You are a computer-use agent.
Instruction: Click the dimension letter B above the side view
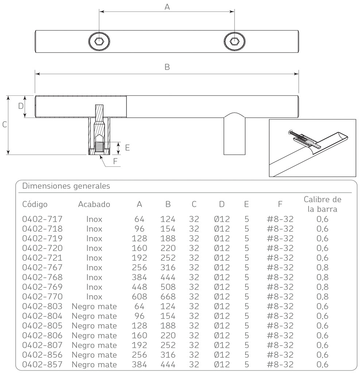167,67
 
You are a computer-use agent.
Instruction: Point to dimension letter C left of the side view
4,125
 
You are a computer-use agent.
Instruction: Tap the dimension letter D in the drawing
21,106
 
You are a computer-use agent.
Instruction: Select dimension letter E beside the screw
127,148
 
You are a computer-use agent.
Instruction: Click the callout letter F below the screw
115,161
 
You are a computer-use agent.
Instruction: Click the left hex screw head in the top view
99,41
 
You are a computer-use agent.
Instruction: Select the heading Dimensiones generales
66,186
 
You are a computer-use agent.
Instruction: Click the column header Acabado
94,204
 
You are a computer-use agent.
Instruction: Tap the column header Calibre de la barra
322,204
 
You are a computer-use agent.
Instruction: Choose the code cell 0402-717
42,219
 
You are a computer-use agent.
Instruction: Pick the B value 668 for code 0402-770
168,297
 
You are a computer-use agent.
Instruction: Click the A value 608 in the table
139,297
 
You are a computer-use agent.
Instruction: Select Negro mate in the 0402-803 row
94,306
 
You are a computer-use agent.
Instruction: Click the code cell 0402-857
42,364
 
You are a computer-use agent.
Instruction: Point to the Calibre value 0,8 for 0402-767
322,268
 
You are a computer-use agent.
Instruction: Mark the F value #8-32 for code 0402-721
280,258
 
